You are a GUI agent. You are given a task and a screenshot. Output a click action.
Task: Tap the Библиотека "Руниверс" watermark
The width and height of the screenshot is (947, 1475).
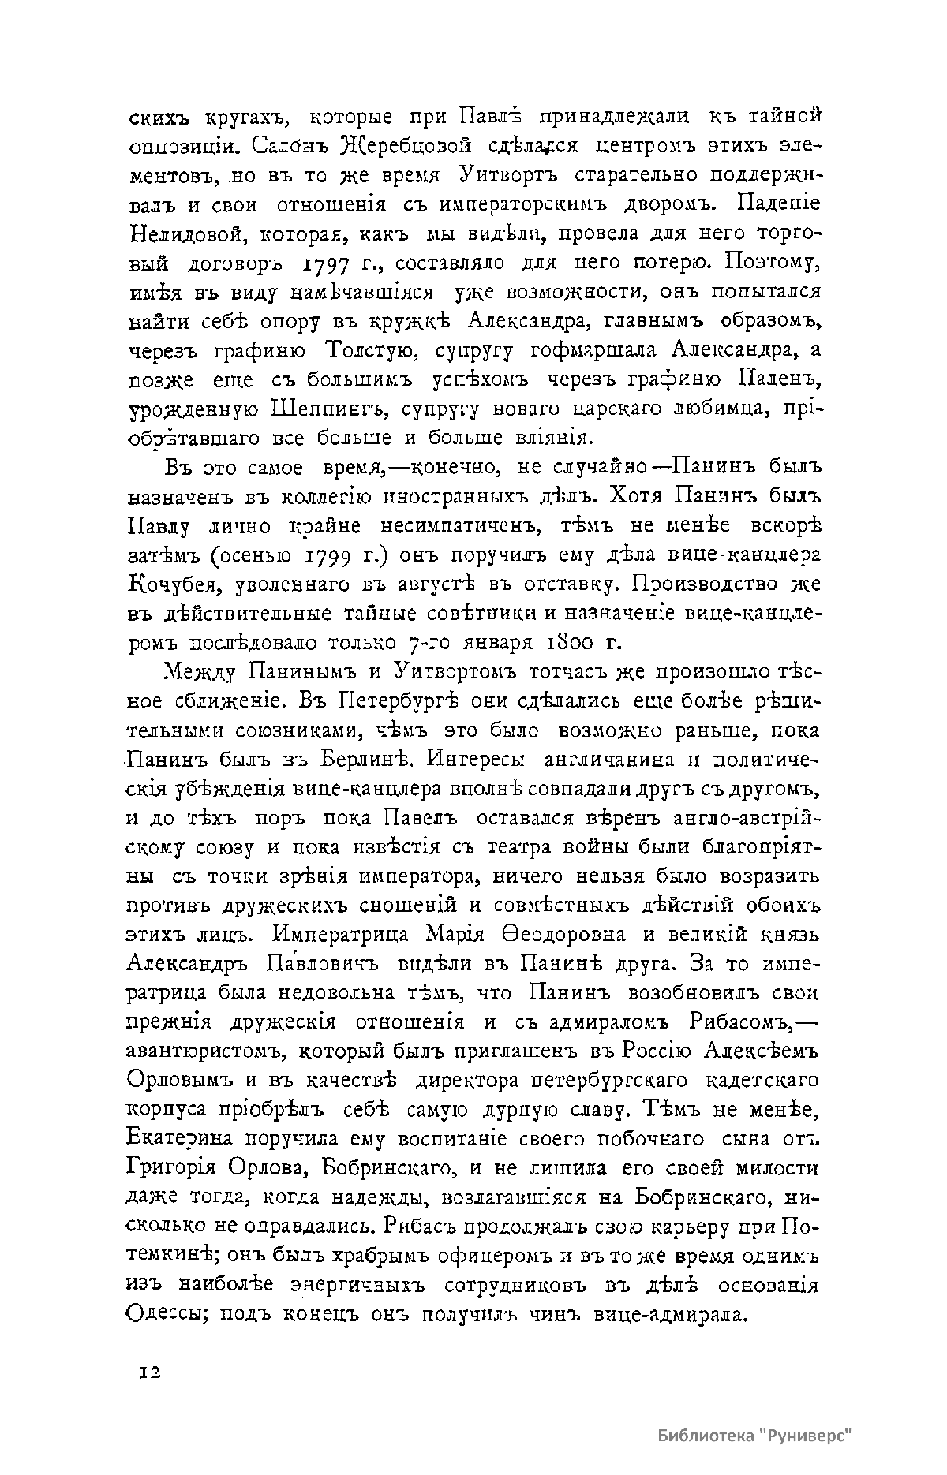(x=757, y=1435)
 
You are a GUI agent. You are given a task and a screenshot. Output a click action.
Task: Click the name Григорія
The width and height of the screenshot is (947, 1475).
(x=177, y=1169)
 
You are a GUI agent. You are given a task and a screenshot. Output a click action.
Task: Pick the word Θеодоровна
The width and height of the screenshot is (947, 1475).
(x=562, y=935)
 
